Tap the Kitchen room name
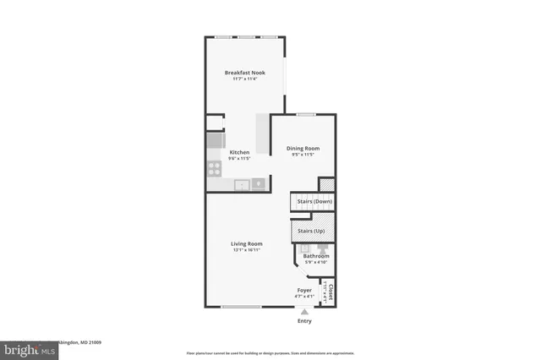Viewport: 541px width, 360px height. [x=240, y=152]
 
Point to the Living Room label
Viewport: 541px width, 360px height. [x=247, y=244]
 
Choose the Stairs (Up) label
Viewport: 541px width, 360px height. [x=309, y=231]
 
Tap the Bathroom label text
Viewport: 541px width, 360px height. [x=316, y=256]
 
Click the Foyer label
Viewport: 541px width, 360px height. [x=303, y=290]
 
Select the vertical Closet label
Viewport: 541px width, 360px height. [x=331, y=293]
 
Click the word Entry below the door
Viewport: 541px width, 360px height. [x=304, y=321]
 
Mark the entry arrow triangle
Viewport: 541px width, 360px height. [x=304, y=311]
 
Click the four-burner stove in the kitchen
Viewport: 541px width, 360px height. [x=215, y=168]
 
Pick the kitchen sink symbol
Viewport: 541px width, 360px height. [x=242, y=184]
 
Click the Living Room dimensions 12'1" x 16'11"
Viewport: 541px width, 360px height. [x=247, y=251]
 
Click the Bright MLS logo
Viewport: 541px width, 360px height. [x=26, y=349]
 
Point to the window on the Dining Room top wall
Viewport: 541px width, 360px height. [x=305, y=114]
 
